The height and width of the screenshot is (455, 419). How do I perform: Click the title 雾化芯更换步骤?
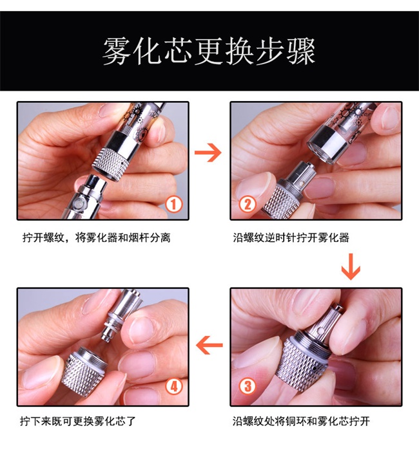click(209, 51)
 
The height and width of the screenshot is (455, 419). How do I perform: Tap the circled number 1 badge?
click(174, 204)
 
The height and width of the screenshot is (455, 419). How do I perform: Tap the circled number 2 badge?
click(248, 204)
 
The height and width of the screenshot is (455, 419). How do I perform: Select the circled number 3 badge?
click(248, 386)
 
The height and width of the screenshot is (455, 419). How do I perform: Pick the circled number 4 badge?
click(174, 386)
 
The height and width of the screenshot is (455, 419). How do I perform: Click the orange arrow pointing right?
click(208, 153)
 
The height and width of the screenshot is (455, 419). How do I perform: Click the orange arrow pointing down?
click(351, 266)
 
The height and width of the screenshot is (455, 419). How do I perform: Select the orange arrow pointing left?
click(209, 345)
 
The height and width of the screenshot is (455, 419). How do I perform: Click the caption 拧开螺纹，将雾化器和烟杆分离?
click(97, 237)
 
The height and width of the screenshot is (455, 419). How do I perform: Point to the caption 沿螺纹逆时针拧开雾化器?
click(291, 237)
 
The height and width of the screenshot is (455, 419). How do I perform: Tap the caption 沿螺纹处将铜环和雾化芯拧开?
click(301, 421)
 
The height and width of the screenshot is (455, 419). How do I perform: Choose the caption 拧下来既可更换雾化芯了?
click(78, 421)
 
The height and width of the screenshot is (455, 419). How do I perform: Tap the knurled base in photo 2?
click(281, 200)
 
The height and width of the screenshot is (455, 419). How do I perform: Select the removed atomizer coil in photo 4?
click(121, 315)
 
